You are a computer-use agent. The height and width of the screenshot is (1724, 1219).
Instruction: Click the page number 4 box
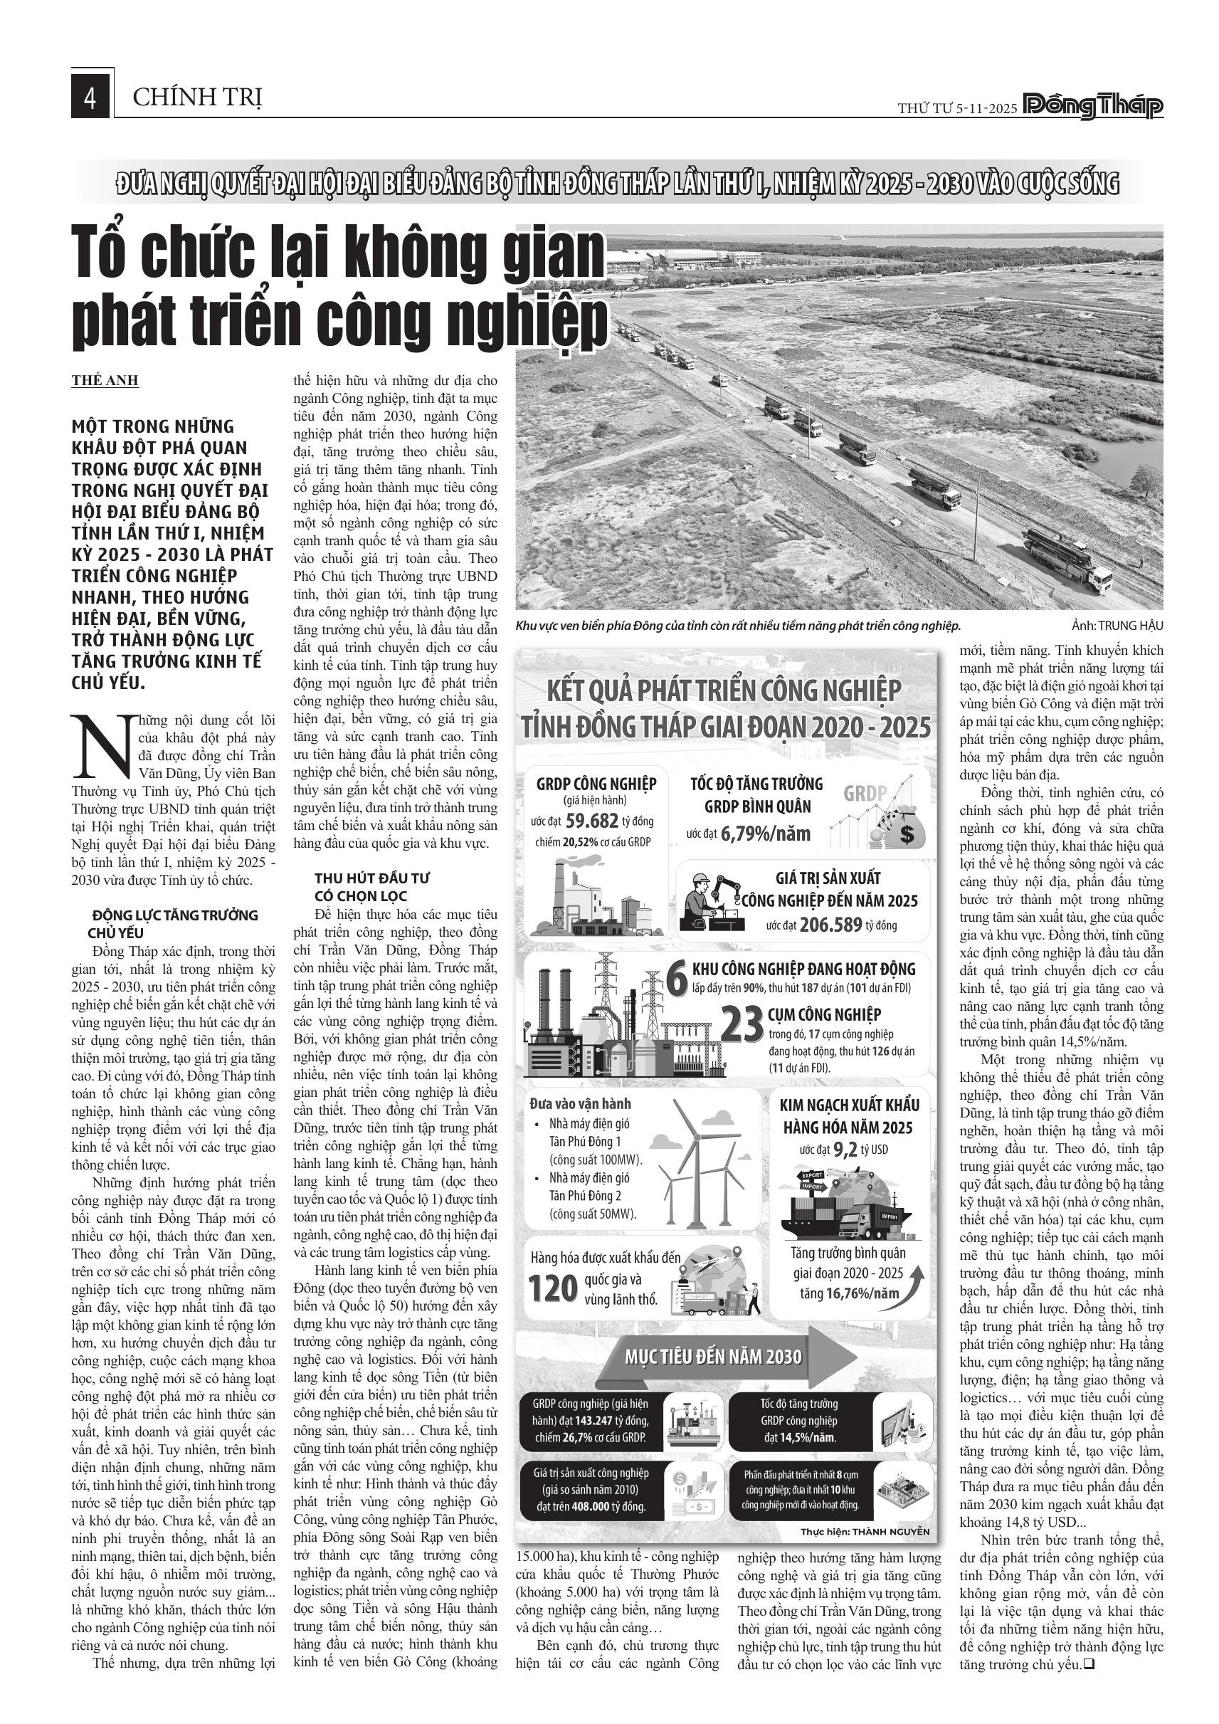[x=91, y=97]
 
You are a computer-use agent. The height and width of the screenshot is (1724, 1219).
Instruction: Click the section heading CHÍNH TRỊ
[x=197, y=98]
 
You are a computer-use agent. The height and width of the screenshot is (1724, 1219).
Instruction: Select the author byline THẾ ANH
[x=105, y=380]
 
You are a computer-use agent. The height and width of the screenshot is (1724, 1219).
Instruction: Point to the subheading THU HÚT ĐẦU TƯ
[x=372, y=878]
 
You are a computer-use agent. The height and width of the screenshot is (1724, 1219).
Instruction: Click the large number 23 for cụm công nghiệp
[x=742, y=1024]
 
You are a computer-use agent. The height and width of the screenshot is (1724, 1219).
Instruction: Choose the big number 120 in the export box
[x=553, y=1287]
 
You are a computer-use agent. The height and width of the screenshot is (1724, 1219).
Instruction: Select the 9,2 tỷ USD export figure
[x=844, y=1150]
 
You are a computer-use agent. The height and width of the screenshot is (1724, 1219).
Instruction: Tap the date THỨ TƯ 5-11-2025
[x=957, y=108]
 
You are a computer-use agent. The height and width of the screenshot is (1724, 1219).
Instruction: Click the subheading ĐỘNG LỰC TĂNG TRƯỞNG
[x=174, y=915]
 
